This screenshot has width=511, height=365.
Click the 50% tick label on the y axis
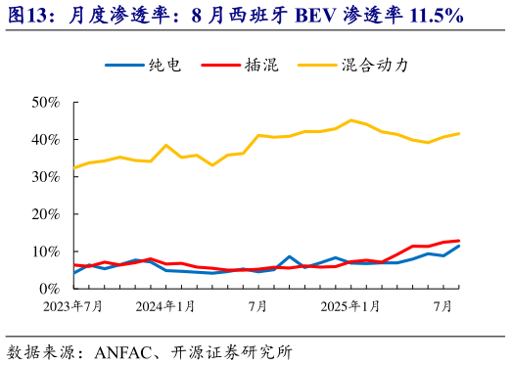point(46,103)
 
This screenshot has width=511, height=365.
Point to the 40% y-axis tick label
point(46,140)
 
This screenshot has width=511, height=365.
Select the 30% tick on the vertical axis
point(46,177)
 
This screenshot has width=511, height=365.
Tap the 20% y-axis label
point(46,214)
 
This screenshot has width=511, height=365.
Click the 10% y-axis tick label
point(46,251)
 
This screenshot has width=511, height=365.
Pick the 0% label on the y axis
point(50,289)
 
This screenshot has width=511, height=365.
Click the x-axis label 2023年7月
point(73,306)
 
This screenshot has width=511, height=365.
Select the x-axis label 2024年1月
point(165,306)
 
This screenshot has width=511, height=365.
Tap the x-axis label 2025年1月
point(351,306)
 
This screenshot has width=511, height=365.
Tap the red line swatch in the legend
point(220,66)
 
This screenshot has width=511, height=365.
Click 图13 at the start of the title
point(30,17)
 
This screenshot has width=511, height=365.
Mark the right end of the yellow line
point(459,133)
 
